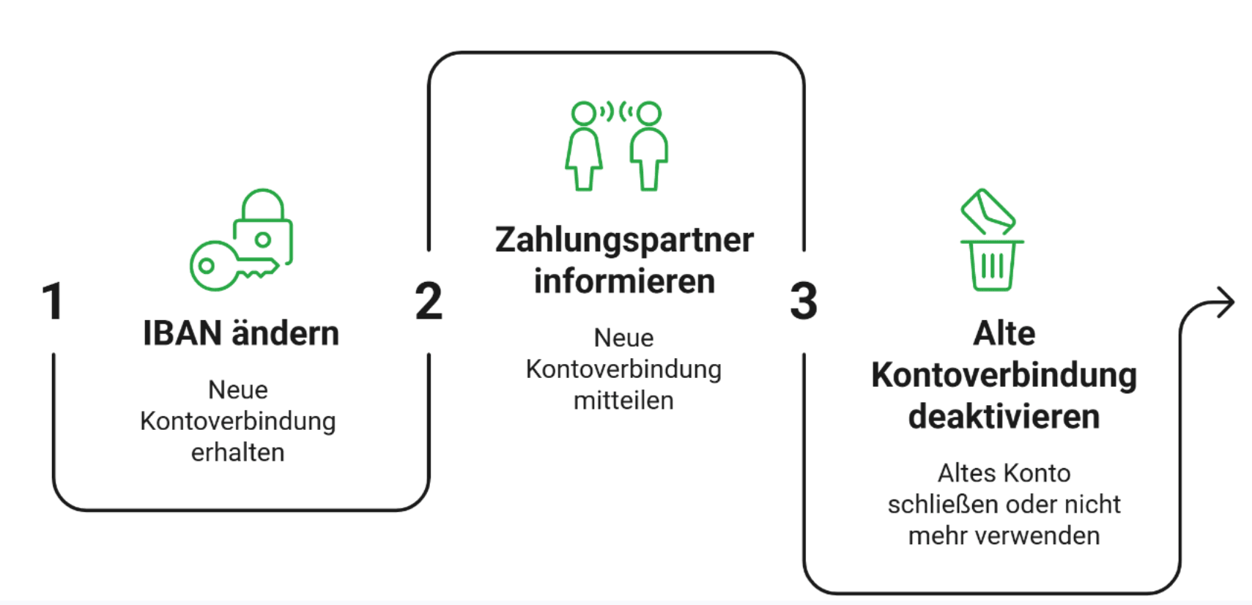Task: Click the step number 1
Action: point(53,301)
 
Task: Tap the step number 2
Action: point(429,301)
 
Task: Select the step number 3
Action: point(804,301)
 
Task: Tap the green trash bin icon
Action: point(992,265)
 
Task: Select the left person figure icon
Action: point(584,146)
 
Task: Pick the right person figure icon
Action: point(648,146)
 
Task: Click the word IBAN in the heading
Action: point(182,333)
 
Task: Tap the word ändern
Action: point(286,333)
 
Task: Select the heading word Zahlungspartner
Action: point(624,241)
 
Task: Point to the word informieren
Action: point(624,281)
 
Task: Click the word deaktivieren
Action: point(1004,417)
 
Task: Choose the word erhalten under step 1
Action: point(238,453)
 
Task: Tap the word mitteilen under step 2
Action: point(623,401)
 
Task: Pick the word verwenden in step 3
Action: point(1039,536)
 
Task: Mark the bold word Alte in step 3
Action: point(1004,334)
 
